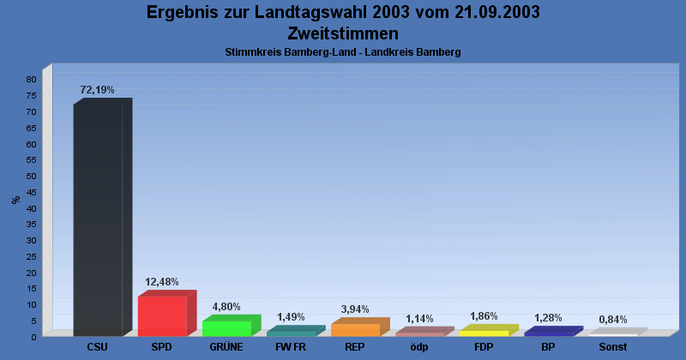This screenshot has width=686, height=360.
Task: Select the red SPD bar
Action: [162, 315]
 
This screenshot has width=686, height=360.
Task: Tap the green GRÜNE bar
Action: [226, 327]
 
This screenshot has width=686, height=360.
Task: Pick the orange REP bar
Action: [355, 329]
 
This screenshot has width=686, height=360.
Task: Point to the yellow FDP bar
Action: [484, 333]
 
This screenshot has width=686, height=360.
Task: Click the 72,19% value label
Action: [97, 90]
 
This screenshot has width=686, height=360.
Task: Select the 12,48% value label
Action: [162, 282]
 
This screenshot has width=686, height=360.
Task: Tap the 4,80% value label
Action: [226, 307]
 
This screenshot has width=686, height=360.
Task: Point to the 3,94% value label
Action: [355, 309]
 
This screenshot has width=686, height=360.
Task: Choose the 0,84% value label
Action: [612, 320]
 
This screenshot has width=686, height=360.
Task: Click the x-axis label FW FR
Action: [291, 347]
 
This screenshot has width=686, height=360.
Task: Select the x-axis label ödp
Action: [419, 347]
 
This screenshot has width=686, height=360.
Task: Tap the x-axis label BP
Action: [548, 347]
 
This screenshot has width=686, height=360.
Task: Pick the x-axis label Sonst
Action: [612, 347]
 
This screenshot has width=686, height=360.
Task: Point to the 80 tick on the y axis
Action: [30, 80]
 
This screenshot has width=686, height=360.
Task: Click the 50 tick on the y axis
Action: [30, 176]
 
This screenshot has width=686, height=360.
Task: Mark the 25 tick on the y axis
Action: [30, 256]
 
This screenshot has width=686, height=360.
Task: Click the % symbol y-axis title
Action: [15, 200]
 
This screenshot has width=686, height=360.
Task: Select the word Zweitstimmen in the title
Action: [343, 33]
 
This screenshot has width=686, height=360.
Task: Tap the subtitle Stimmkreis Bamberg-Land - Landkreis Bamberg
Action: [343, 52]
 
